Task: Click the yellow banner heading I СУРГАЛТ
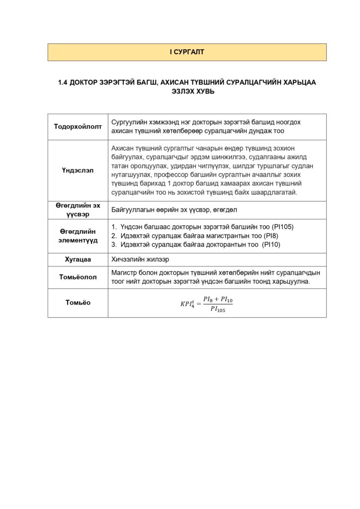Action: click(x=186, y=52)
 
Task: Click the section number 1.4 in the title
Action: click(x=63, y=83)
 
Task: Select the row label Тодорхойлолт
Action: click(x=78, y=126)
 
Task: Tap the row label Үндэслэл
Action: click(x=78, y=170)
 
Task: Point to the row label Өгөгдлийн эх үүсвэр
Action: click(x=78, y=210)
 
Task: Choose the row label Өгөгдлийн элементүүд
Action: click(x=78, y=236)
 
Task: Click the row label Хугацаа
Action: click(x=78, y=259)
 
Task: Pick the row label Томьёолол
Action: click(x=78, y=277)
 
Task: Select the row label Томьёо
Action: click(x=78, y=302)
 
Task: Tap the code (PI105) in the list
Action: click(x=283, y=227)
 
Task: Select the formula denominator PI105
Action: click(x=218, y=309)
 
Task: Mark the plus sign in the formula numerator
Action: click(x=217, y=299)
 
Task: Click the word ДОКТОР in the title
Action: click(x=85, y=83)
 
